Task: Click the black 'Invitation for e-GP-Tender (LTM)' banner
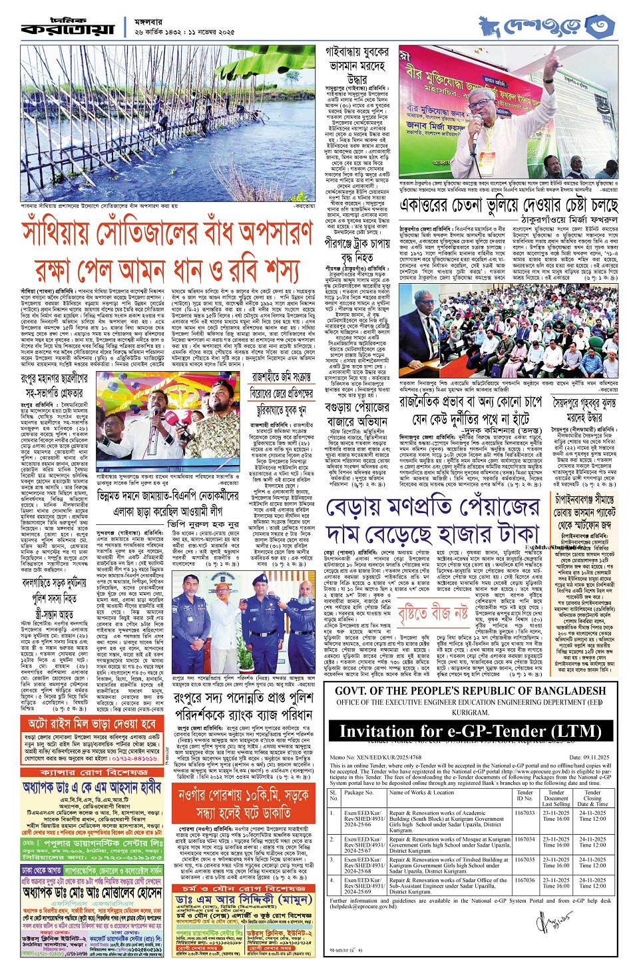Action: pyautogui.click(x=469, y=731)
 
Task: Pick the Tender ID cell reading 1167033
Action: pyautogui.click(x=525, y=813)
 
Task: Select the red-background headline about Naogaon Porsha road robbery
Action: pyautogui.click(x=244, y=803)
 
